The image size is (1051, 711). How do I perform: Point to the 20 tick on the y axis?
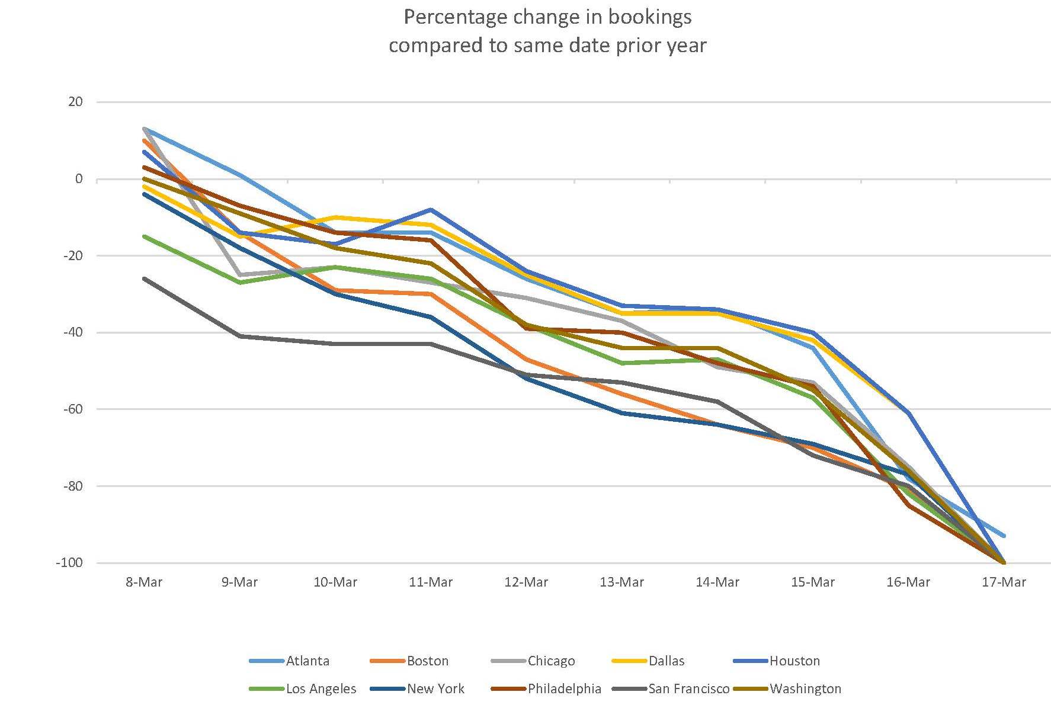pyautogui.click(x=76, y=102)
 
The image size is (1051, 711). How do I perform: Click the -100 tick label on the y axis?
pyautogui.click(x=69, y=563)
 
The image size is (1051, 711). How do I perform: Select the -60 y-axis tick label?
pyautogui.click(x=72, y=409)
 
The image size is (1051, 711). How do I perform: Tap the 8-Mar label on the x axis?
pyautogui.click(x=144, y=582)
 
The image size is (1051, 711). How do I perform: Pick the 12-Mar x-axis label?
pyautogui.click(x=526, y=582)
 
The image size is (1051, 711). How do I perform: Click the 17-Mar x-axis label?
pyautogui.click(x=1004, y=582)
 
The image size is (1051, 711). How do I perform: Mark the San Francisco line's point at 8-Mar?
pyautogui.click(x=144, y=278)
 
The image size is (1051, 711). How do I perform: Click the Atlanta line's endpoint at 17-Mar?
pyautogui.click(x=1004, y=536)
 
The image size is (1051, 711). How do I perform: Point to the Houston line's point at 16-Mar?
pyautogui.click(x=908, y=413)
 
